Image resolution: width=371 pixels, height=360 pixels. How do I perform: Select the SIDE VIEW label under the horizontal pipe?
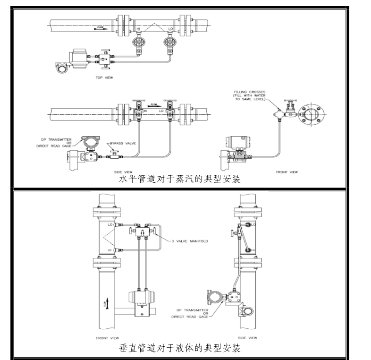pos(123,171)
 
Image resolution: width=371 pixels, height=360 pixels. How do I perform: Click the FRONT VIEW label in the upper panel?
pos(287,171)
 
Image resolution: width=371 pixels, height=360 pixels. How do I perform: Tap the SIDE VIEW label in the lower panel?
pos(247,338)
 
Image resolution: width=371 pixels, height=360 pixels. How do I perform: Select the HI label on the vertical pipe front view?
pos(110,249)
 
